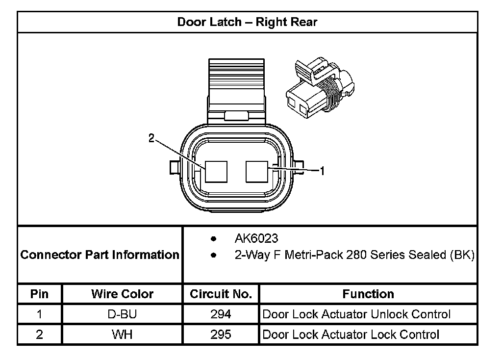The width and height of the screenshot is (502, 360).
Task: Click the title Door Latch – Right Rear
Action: (x=247, y=22)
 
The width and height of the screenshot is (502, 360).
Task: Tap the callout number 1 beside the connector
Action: (x=322, y=171)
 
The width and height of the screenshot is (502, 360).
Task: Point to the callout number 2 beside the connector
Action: (x=152, y=139)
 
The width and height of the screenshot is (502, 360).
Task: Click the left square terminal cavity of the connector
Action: (x=217, y=172)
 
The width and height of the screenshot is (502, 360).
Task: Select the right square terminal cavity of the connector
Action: (x=257, y=172)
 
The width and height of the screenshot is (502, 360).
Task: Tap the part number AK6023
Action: (x=256, y=239)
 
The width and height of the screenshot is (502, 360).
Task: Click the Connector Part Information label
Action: (x=100, y=255)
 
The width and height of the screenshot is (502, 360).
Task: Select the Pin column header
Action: (x=39, y=294)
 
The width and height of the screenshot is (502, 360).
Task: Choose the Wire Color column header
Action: (x=122, y=294)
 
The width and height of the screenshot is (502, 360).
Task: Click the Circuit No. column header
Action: (x=221, y=294)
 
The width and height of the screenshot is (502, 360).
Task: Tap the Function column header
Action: (x=368, y=294)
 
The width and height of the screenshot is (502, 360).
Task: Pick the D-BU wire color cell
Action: (x=122, y=314)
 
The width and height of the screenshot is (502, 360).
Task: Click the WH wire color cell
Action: (x=122, y=334)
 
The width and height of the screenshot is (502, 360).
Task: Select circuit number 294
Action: (x=221, y=314)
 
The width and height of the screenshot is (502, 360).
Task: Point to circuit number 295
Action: (x=221, y=334)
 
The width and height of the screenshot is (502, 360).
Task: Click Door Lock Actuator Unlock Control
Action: (x=356, y=314)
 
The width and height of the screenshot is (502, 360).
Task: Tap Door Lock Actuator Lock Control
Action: (x=351, y=334)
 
